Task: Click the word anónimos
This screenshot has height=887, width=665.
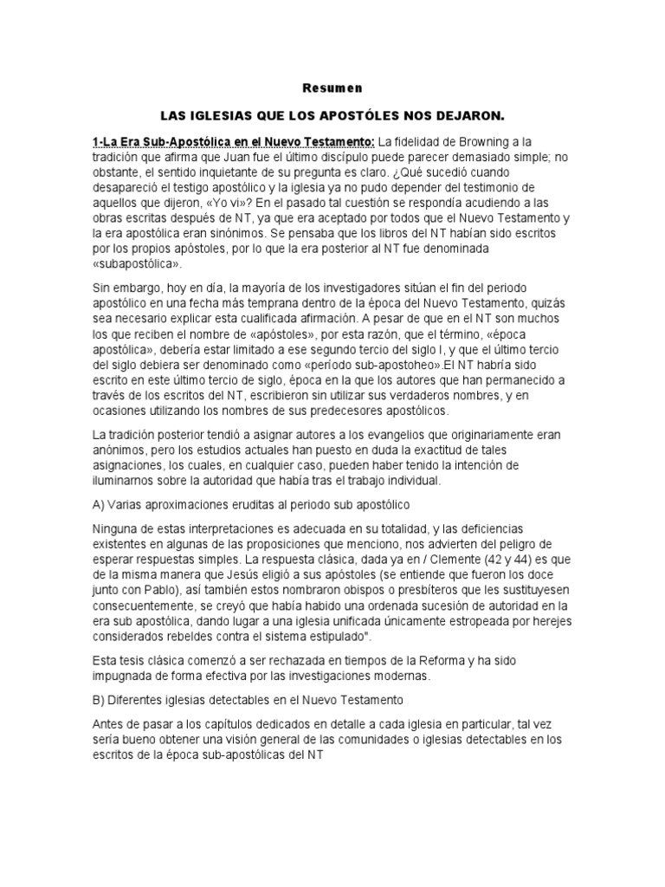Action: click(121, 451)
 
